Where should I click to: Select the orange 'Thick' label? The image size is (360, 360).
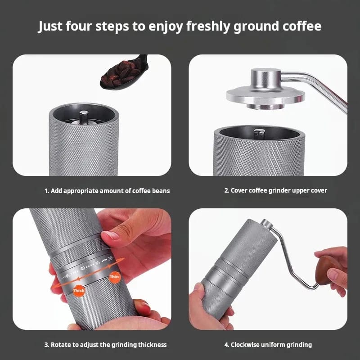(79, 291)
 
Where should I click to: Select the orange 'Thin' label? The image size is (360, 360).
(114, 276)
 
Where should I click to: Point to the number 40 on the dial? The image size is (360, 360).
(82, 268)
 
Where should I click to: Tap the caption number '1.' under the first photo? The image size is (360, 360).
(47, 191)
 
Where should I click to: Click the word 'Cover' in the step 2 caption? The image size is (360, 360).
(241, 190)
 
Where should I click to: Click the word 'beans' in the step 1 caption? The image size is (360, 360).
(161, 191)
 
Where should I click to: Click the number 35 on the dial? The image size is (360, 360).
(98, 263)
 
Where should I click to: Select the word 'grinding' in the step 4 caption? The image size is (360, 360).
(299, 345)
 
